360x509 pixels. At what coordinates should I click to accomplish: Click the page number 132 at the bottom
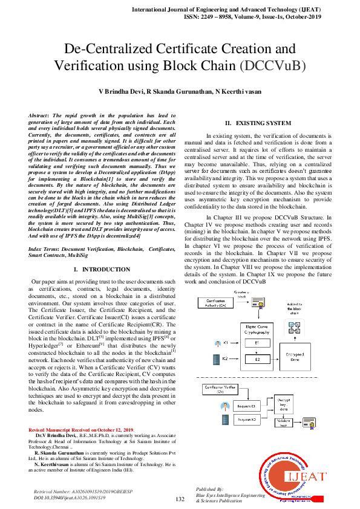[180, 499]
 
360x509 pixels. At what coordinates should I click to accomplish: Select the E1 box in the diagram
[258, 343]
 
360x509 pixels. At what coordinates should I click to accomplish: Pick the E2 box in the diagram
[258, 359]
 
